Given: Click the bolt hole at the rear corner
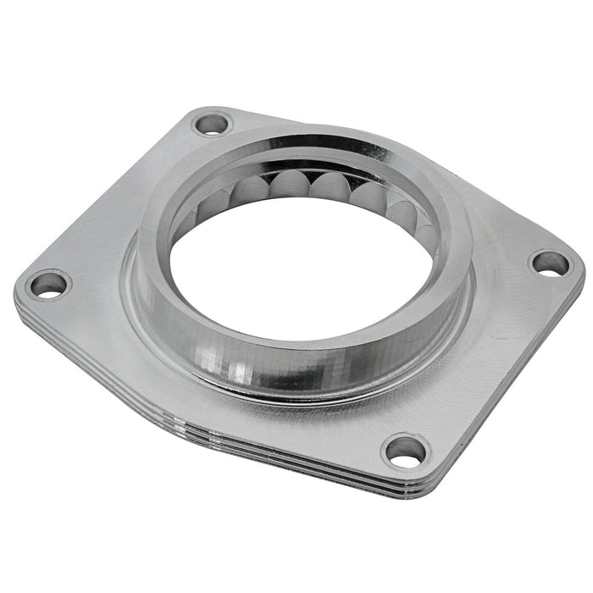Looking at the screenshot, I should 211,124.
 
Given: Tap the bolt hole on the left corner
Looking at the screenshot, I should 48,285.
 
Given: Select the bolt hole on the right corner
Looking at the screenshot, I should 551,263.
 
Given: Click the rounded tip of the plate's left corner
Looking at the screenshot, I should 19,292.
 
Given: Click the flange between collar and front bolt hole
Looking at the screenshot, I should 373,415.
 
